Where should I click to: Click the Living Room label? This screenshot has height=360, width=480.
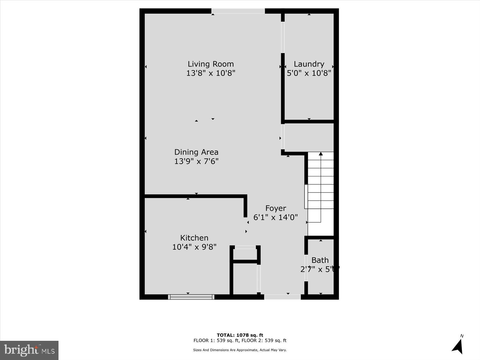[x=211, y=64]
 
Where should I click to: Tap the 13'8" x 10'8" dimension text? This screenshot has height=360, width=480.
[x=211, y=73]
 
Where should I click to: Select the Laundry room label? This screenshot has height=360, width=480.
[x=309, y=64]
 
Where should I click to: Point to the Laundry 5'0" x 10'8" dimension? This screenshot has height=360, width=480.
[x=309, y=73]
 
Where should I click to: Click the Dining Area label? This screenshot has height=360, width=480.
[x=196, y=152]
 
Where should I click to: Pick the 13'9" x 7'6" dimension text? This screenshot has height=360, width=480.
[x=196, y=161]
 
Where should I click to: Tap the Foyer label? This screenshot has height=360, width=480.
[x=276, y=208]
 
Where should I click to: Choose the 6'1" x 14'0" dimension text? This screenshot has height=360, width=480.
[x=276, y=217]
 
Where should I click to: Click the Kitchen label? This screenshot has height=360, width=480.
[x=194, y=238]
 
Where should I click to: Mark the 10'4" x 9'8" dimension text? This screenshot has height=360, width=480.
[x=194, y=247]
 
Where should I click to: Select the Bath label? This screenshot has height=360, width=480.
[x=320, y=260]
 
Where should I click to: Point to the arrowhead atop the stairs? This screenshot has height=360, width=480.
[x=321, y=154]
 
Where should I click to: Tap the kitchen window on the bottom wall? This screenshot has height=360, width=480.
[x=191, y=297]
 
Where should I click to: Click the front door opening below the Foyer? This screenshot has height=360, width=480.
[x=282, y=297]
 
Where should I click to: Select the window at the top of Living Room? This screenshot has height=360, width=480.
[x=238, y=11]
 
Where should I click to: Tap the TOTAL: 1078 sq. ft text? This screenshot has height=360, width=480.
[x=240, y=335]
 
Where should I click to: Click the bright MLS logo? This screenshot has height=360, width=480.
[x=29, y=350]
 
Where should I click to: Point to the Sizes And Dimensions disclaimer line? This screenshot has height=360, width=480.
[x=240, y=350]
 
